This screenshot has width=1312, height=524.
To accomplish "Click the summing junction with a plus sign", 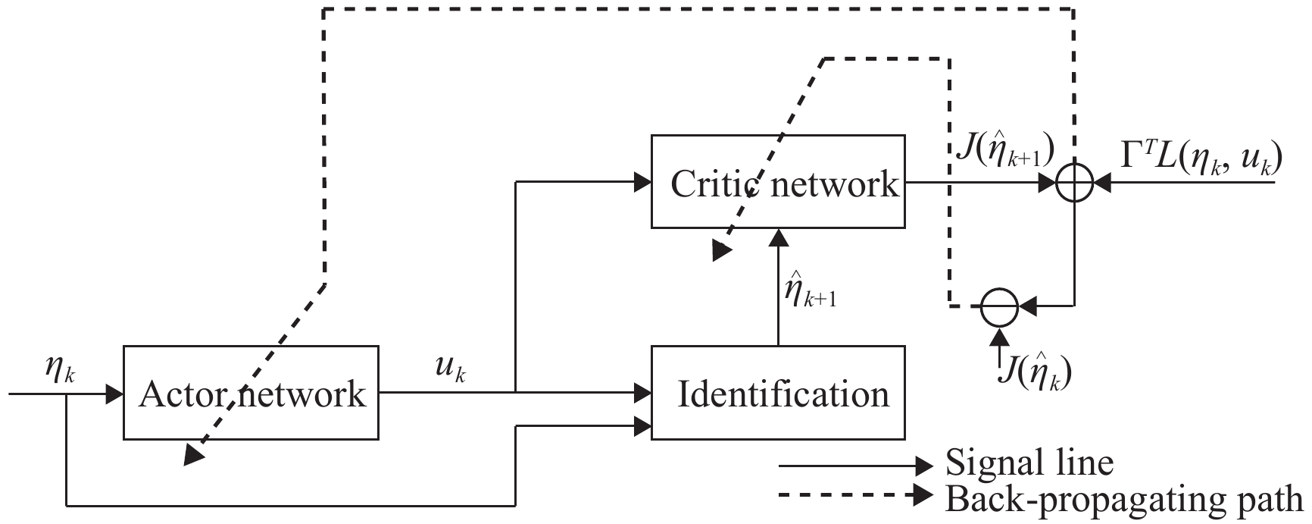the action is coord(1074,183).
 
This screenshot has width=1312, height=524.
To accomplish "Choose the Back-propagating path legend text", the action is coord(1124,499).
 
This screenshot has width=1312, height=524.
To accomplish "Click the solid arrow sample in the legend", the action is coord(856,464).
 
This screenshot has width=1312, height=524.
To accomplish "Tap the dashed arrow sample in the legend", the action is coord(856,496).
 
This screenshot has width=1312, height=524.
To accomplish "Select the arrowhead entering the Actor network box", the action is coord(114,394).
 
